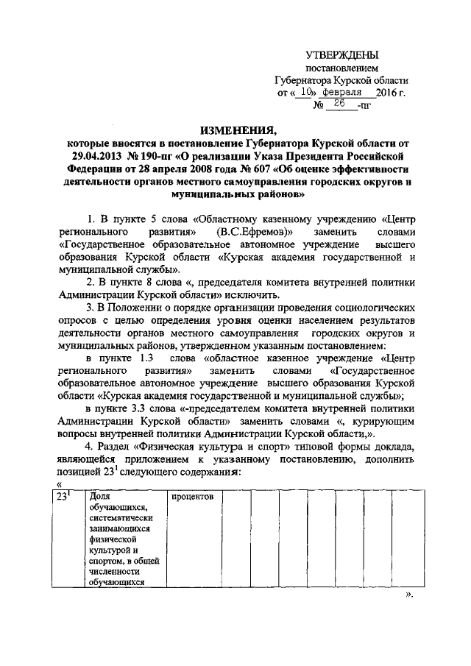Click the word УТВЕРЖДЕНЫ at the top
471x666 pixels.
342,55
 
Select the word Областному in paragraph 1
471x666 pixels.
232,219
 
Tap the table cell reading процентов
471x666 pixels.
193,497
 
